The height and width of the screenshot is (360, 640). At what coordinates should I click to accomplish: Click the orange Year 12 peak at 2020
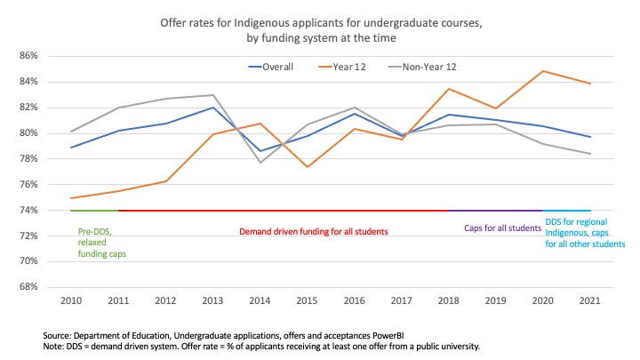(x=543, y=71)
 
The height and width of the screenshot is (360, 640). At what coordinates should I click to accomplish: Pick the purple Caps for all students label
(x=501, y=228)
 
